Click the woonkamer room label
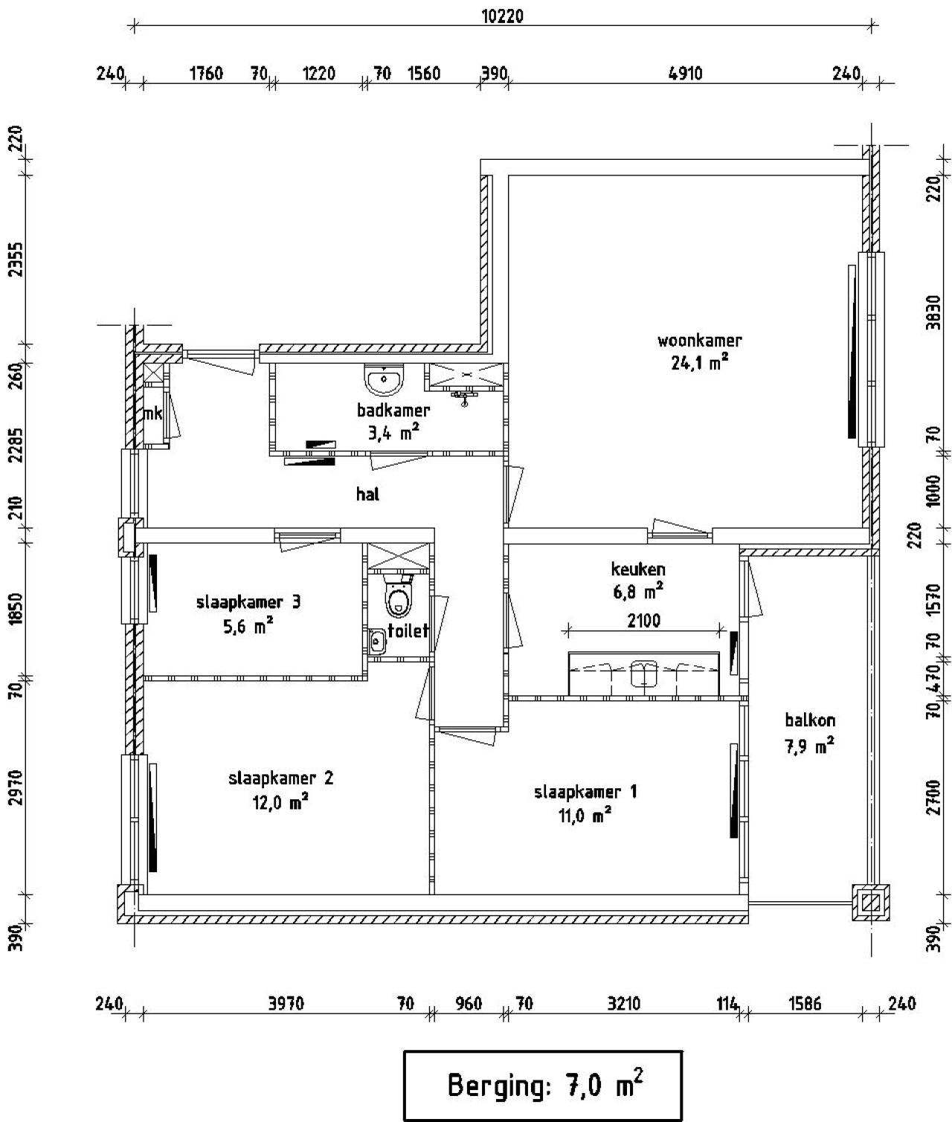[x=699, y=341]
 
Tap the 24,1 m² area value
[x=699, y=363]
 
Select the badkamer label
[x=393, y=410]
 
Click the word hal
[x=367, y=494]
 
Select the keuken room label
[x=637, y=570]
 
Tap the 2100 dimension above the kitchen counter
[x=643, y=620]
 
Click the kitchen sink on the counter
[x=643, y=674]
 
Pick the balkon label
[x=810, y=720]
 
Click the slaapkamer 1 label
[x=585, y=792]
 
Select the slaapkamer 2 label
[x=280, y=778]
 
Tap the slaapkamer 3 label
[x=248, y=602]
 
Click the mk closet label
[x=152, y=414]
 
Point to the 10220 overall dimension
[x=502, y=16]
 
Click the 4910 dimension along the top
[x=685, y=73]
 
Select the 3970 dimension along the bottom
[x=286, y=1004]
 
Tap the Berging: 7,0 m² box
[x=543, y=1085]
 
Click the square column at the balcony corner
[x=871, y=903]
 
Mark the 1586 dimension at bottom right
[x=804, y=1004]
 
